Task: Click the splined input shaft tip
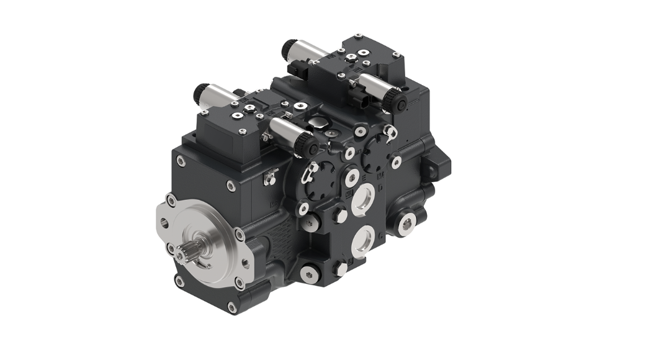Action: (187, 253)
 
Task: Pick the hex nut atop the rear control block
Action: (352, 56)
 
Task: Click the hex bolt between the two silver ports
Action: (341, 215)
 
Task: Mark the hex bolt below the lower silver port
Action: (341, 268)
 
